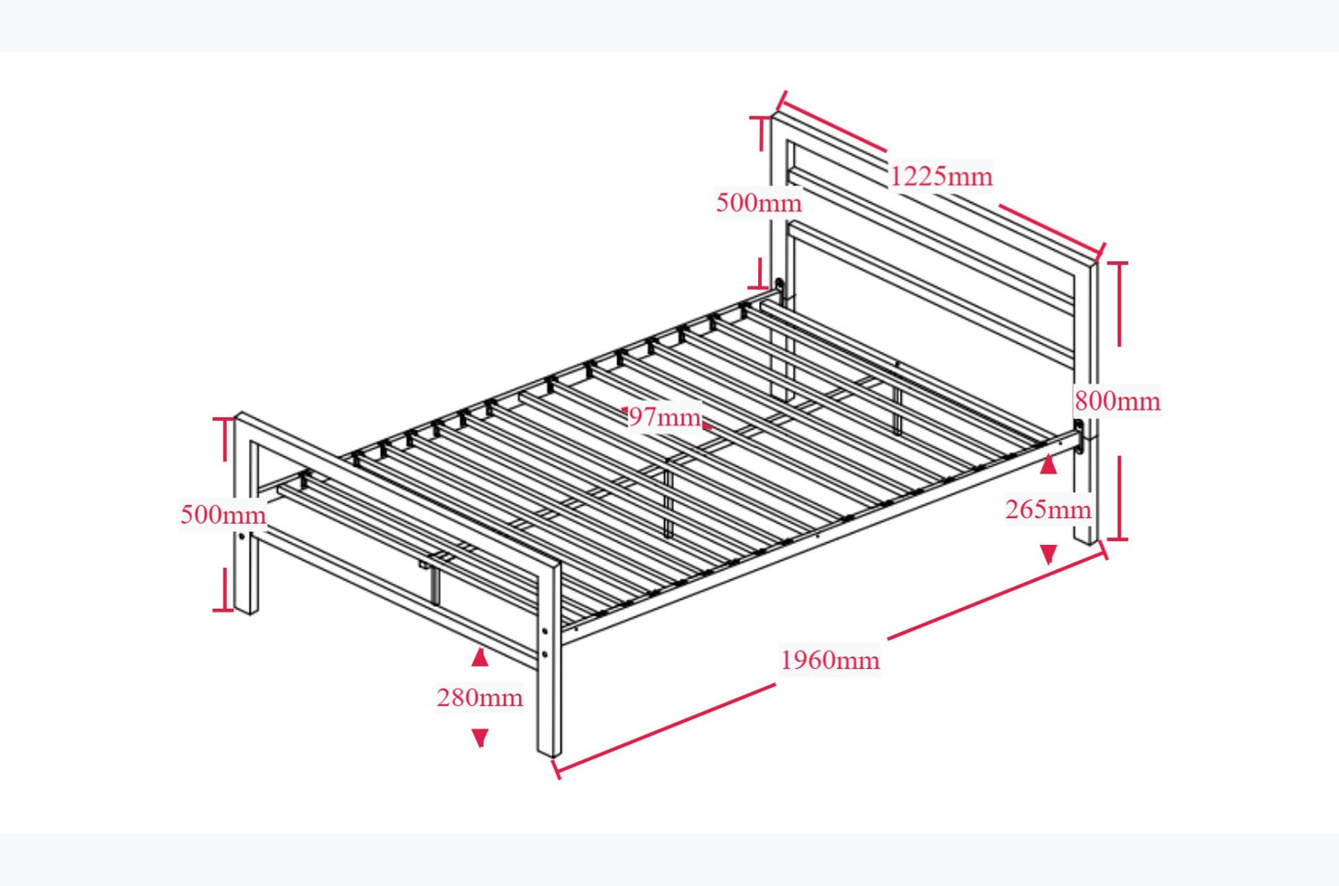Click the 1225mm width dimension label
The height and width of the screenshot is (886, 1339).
click(941, 176)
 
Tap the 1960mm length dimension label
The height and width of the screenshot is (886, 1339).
click(829, 660)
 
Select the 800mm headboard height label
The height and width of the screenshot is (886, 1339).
click(1117, 401)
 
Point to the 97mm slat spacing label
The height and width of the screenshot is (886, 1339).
click(664, 417)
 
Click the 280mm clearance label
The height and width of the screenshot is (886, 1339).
click(479, 697)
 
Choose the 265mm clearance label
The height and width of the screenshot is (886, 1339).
click(1048, 509)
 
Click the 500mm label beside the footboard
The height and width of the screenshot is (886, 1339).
click(222, 514)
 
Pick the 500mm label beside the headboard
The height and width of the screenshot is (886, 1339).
click(758, 202)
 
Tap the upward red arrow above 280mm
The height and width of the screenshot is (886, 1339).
click(479, 658)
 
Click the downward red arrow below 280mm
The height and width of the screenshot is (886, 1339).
click(479, 738)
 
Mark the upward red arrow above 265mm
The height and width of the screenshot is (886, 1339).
click(1048, 465)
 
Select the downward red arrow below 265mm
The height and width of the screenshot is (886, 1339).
click(1048, 554)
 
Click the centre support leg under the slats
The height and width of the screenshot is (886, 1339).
click(668, 500)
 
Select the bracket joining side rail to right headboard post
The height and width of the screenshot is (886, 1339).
click(1080, 437)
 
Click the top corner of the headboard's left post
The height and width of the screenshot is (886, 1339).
click(774, 115)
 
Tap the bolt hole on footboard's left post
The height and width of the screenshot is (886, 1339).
click(243, 537)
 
